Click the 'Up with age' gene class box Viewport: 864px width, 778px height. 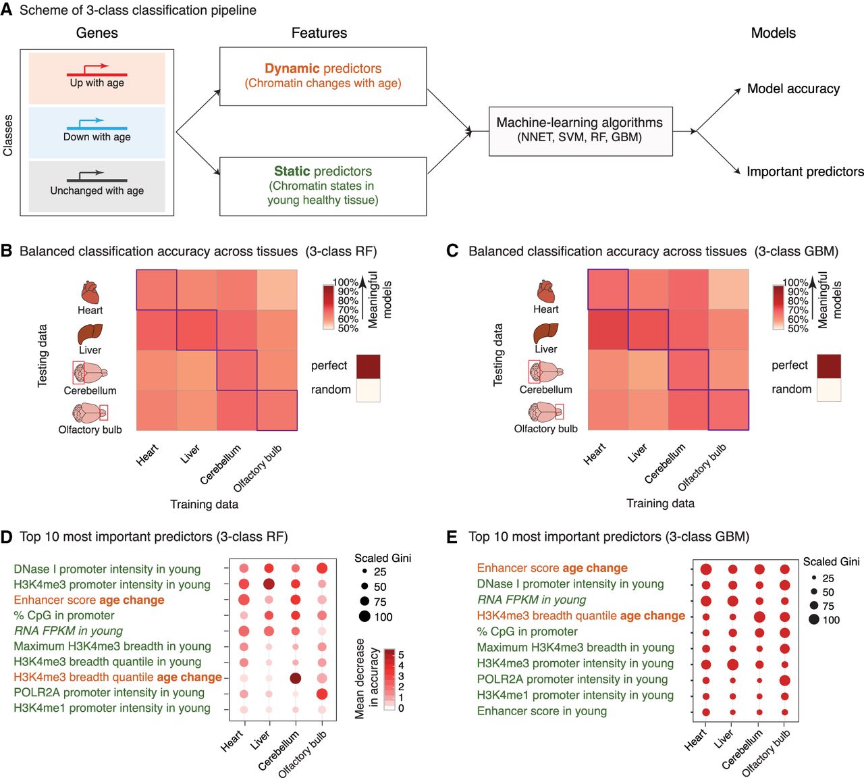click(97, 78)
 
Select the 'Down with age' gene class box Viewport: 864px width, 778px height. click(97, 132)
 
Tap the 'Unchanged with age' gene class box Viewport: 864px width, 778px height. click(97, 186)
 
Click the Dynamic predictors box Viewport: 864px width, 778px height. click(323, 76)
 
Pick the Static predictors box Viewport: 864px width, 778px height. click(323, 186)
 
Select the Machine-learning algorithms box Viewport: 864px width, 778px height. click(580, 131)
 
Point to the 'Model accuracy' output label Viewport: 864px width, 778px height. click(793, 88)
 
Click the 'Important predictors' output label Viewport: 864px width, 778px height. click(805, 172)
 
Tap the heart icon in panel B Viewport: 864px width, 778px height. click(90, 293)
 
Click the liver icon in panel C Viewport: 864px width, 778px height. click(545, 333)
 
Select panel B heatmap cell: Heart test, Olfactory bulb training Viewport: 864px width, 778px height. click(277, 290)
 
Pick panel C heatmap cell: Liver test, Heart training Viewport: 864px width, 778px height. click(607, 330)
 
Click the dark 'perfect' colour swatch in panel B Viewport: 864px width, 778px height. click(368, 366)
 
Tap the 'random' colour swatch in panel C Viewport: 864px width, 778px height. click(828, 390)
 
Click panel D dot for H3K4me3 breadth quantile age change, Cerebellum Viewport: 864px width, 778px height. click(295, 678)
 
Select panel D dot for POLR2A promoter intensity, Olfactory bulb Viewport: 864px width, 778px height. click(322, 694)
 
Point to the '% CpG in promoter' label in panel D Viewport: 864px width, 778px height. click(64, 615)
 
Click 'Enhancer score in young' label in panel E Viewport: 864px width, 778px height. click(541, 711)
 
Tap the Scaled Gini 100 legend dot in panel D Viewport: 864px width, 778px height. click(364, 617)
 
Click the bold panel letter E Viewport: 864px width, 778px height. click(452, 537)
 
